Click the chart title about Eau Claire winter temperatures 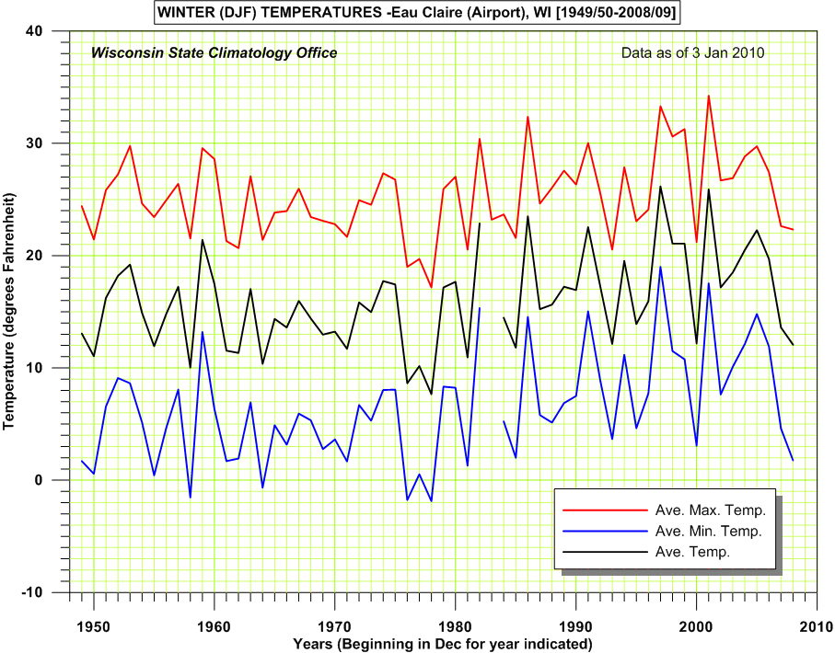(417, 12)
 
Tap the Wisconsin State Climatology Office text (214, 52)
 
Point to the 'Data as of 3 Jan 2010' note (693, 52)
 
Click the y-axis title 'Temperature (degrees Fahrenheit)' (11, 311)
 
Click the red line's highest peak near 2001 (708, 95)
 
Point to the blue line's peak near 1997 (660, 267)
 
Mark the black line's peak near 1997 (660, 187)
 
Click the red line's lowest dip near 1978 (431, 288)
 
